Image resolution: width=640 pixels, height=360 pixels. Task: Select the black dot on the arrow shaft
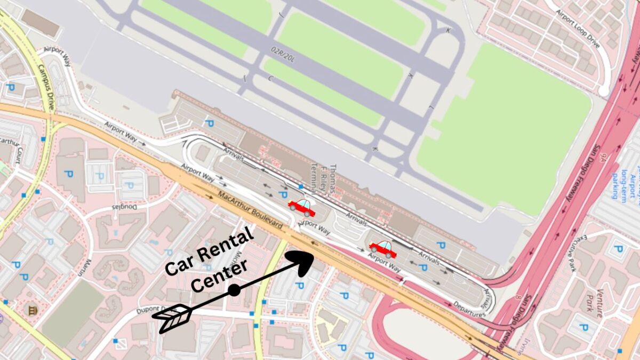(234, 290)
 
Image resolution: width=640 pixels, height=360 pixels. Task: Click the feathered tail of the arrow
(172, 317)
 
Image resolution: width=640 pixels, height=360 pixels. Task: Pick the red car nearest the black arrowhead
(302, 205)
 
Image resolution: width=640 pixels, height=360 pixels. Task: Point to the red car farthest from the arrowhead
(383, 247)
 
